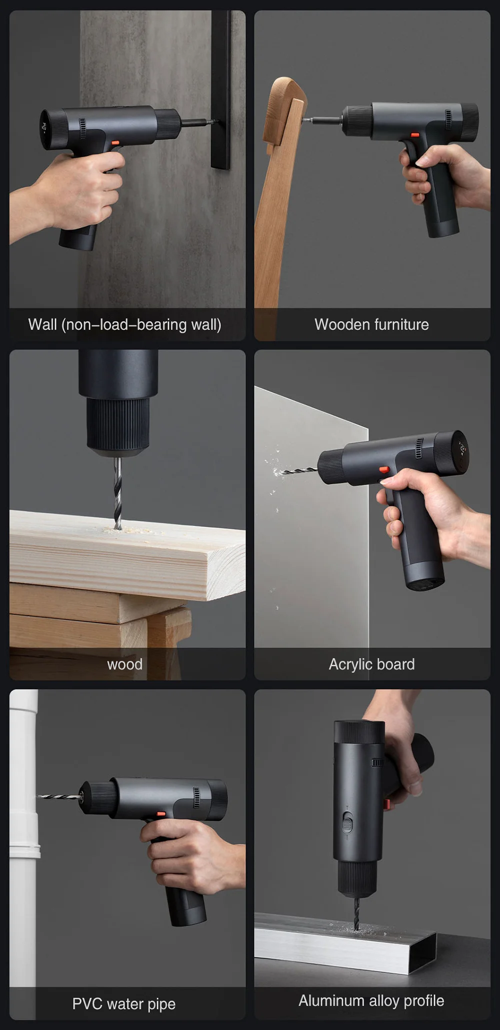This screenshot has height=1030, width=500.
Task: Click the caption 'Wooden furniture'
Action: click(x=371, y=324)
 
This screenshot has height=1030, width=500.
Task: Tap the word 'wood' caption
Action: click(x=125, y=664)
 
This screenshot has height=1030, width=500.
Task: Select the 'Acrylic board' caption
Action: click(x=371, y=664)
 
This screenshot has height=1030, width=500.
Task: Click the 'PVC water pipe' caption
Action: click(x=124, y=1003)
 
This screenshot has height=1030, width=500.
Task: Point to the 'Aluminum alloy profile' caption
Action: click(x=371, y=1000)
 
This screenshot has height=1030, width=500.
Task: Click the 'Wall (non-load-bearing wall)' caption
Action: click(x=124, y=324)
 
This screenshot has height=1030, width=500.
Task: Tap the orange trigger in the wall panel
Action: click(x=115, y=143)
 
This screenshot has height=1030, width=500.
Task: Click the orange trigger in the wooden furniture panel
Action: click(x=414, y=135)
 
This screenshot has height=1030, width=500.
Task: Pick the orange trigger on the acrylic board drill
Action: click(x=384, y=470)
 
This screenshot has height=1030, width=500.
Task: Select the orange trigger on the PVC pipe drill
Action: click(x=161, y=813)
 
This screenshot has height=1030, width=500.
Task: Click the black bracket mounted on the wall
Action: click(x=221, y=90)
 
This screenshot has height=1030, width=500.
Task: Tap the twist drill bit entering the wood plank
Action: click(x=117, y=493)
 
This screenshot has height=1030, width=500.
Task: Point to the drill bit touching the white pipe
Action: click(x=59, y=795)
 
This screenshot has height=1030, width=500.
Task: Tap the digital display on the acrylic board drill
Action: click(x=462, y=449)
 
